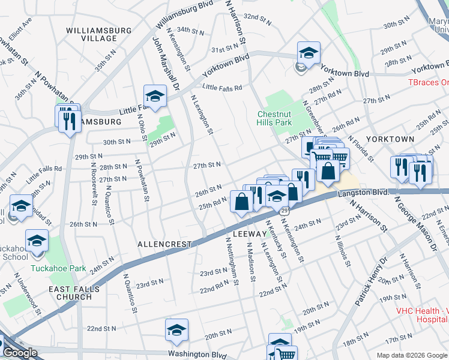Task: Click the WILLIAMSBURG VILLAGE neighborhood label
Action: click(91, 34)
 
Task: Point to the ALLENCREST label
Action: click(164, 244)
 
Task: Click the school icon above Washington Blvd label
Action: click(176, 329)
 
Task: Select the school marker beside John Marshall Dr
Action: click(154, 96)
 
